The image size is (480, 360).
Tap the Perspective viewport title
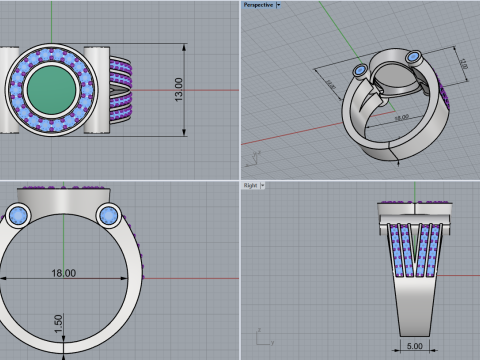tap(258, 5)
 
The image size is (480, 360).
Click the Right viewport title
tap(250, 186)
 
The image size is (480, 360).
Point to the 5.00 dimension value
tap(413, 348)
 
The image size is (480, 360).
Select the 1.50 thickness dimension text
tap(59, 321)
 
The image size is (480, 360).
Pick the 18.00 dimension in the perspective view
tap(401, 117)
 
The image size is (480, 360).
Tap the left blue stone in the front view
tap(17, 215)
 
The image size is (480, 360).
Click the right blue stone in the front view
tap(108, 215)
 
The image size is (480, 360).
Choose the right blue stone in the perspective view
tap(412, 55)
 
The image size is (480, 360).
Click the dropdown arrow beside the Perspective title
tap(278, 5)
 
